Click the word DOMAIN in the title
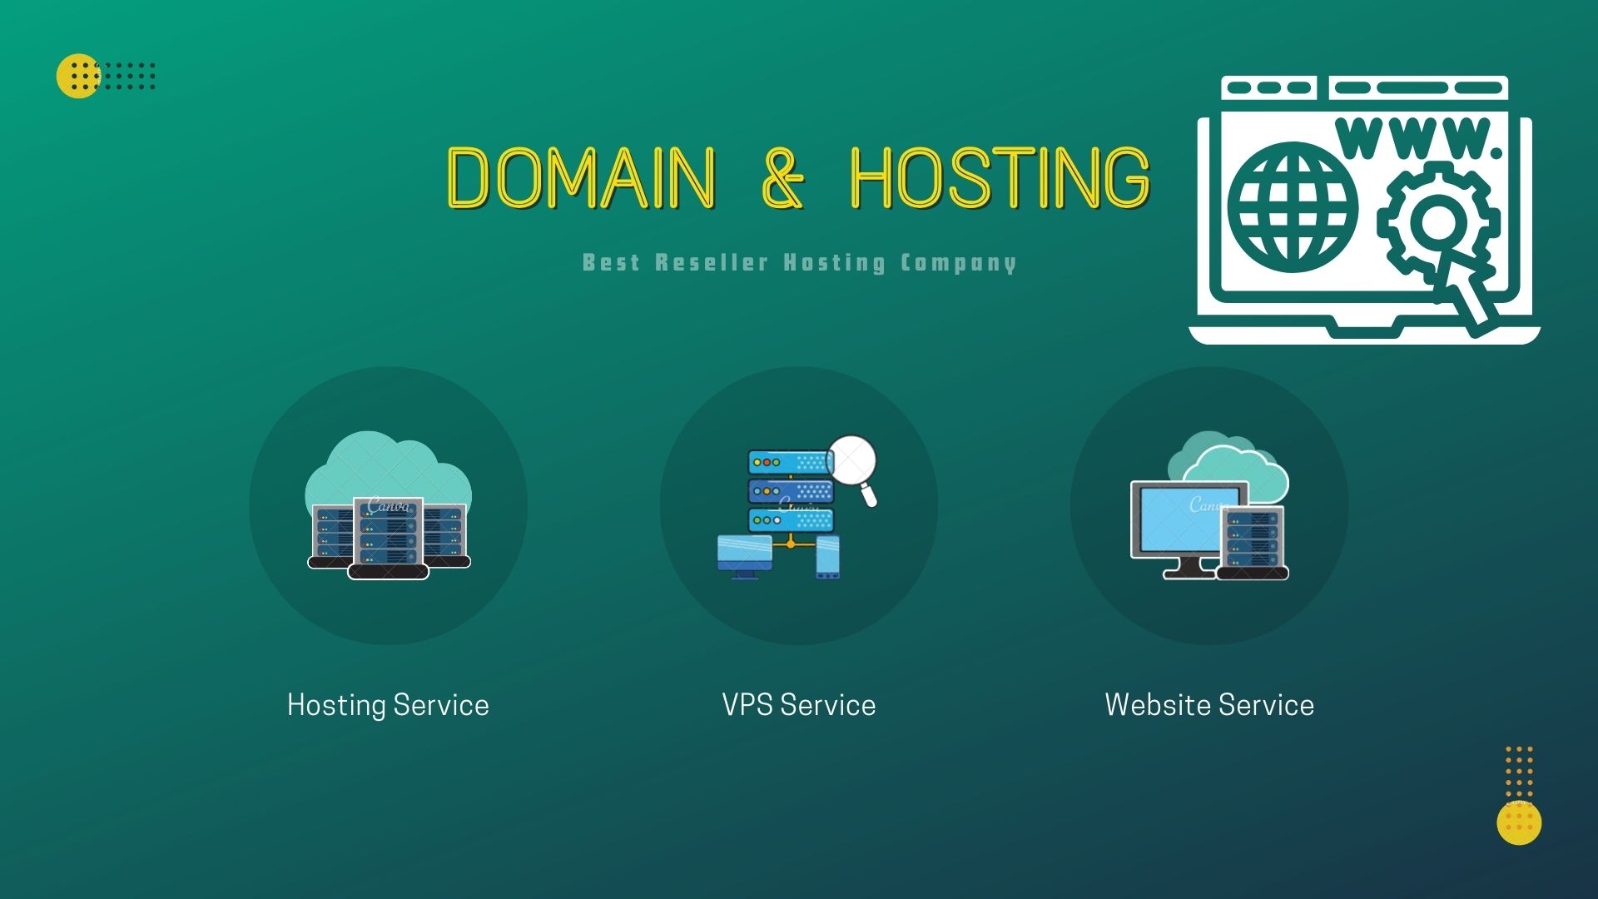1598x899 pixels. click(x=580, y=176)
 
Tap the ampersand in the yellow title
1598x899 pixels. click(x=782, y=176)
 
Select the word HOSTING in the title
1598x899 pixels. click(x=999, y=176)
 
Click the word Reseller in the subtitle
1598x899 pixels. click(x=711, y=263)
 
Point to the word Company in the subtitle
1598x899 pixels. click(x=958, y=263)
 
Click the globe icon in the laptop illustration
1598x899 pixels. click(x=1292, y=207)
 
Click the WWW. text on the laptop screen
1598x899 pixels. click(x=1418, y=139)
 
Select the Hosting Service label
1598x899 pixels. click(x=388, y=705)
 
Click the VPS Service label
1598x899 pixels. click(x=798, y=705)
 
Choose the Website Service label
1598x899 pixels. click(x=1209, y=705)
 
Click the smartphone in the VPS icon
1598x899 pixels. click(x=827, y=556)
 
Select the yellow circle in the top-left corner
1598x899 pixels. click(x=77, y=76)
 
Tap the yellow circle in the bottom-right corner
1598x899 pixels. click(x=1519, y=822)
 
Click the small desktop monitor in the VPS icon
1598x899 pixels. click(x=744, y=554)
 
